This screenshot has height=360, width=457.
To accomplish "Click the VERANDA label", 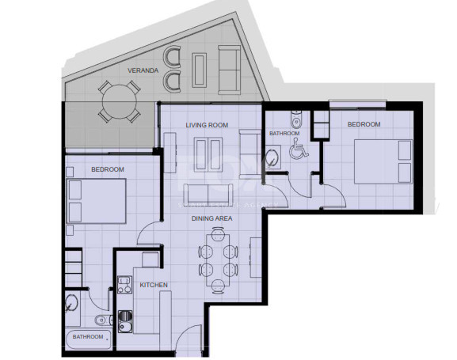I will point(143,70).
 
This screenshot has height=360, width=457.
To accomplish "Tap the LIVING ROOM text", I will point(207,125).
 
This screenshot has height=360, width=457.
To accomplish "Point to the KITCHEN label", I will point(154,285).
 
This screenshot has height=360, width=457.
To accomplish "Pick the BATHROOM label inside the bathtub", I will point(88,337).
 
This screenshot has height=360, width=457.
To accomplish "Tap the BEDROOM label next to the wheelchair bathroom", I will point(364,124).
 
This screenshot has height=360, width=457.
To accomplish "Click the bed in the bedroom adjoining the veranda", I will point(97,200).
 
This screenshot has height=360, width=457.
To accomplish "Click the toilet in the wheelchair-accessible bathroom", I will point(295,122).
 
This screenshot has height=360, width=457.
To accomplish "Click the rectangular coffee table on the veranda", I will point(199,69).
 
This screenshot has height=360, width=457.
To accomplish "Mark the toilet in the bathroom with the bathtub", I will point(101,320).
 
